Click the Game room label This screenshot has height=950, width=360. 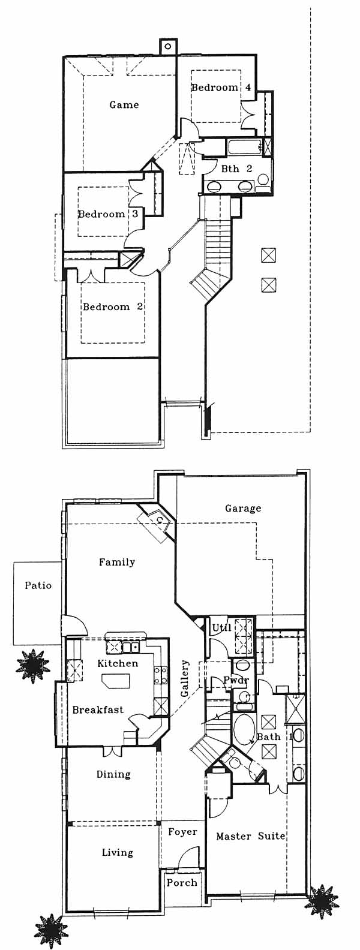tap(124, 104)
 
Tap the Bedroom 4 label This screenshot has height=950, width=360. tap(221, 88)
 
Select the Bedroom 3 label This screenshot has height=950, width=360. tap(108, 214)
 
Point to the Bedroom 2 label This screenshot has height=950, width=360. tap(113, 306)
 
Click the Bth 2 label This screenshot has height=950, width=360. tap(237, 169)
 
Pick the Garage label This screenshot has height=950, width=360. tap(243, 508)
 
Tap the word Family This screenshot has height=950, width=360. tap(117, 563)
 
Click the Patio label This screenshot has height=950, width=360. tap(38, 586)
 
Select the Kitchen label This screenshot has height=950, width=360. tap(118, 663)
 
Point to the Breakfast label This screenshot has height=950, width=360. tap(98, 710)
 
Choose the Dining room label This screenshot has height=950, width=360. tap(113, 774)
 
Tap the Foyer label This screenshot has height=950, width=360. tap(182, 832)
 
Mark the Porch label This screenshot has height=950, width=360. tap(182, 883)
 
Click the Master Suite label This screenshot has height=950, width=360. tap(250, 836)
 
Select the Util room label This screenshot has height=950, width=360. tap(221, 628)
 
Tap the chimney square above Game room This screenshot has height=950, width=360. tap(167, 46)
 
